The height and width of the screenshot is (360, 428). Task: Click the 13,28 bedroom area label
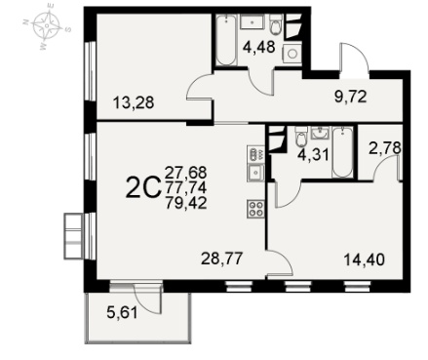coord(134,103)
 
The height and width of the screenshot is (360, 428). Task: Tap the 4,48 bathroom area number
coord(259,47)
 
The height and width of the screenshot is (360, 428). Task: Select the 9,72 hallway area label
coord(351,97)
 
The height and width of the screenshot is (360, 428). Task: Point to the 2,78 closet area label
coord(384,148)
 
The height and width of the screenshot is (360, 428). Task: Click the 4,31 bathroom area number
coord(314,154)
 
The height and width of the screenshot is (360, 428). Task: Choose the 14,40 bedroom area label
coord(364,260)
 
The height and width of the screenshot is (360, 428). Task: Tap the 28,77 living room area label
coord(222,259)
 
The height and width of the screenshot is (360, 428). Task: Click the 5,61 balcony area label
coord(122,313)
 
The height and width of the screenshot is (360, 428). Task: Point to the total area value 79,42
coord(186,204)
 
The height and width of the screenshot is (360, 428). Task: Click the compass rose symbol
coord(48,25)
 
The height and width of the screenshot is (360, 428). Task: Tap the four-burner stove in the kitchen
coord(255,209)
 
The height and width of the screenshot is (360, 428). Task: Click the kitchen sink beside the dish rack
coord(255,173)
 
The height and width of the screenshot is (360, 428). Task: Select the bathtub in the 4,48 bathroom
coord(225,40)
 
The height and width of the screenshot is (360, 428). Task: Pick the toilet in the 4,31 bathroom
coord(301,138)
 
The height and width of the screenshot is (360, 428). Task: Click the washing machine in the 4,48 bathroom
coord(292,53)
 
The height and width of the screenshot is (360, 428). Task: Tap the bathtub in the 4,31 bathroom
coord(342,152)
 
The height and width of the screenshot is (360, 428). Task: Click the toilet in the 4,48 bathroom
coord(276,25)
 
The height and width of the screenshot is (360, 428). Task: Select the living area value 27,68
coord(186,173)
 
